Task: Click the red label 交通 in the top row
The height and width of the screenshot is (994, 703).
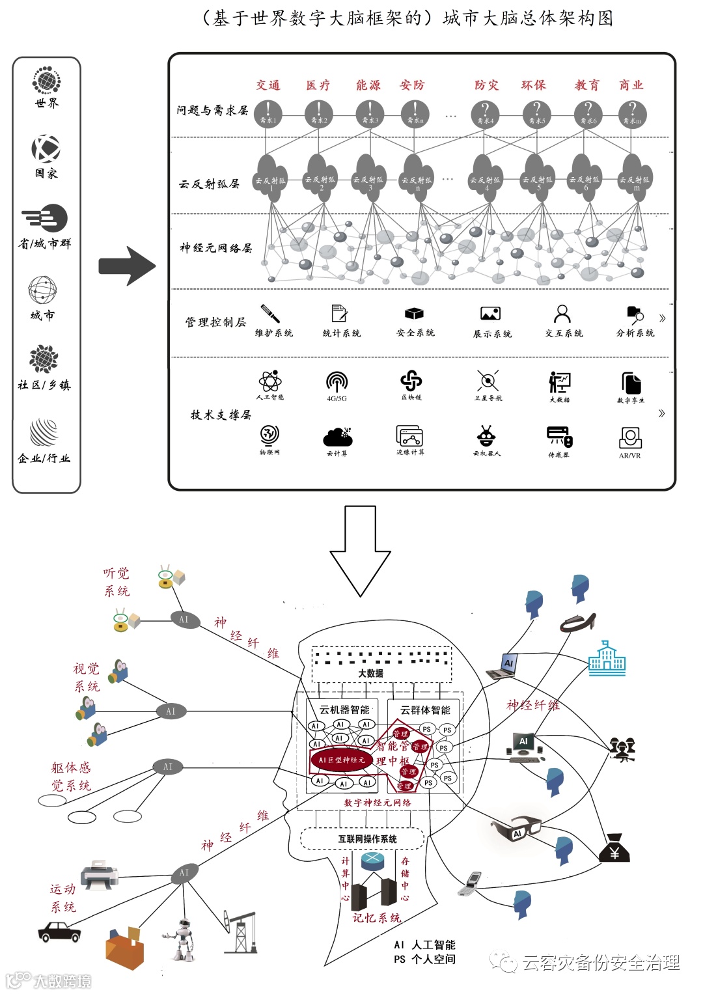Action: click(268, 85)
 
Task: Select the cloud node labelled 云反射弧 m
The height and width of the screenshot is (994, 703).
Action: click(633, 174)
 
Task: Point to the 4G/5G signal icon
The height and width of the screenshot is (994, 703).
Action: click(337, 381)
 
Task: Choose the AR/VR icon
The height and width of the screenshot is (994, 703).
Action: click(630, 437)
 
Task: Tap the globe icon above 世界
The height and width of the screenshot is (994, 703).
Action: click(46, 81)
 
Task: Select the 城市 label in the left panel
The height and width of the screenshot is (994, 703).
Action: click(43, 315)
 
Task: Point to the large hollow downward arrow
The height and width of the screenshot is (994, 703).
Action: click(361, 551)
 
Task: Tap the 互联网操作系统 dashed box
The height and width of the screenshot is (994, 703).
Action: click(367, 839)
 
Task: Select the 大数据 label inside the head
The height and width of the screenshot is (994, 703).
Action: click(370, 673)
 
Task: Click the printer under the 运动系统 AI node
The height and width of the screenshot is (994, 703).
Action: click(100, 874)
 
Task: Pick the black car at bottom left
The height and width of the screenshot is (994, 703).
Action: click(59, 932)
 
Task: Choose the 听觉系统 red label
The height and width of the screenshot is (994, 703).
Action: click(117, 582)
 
